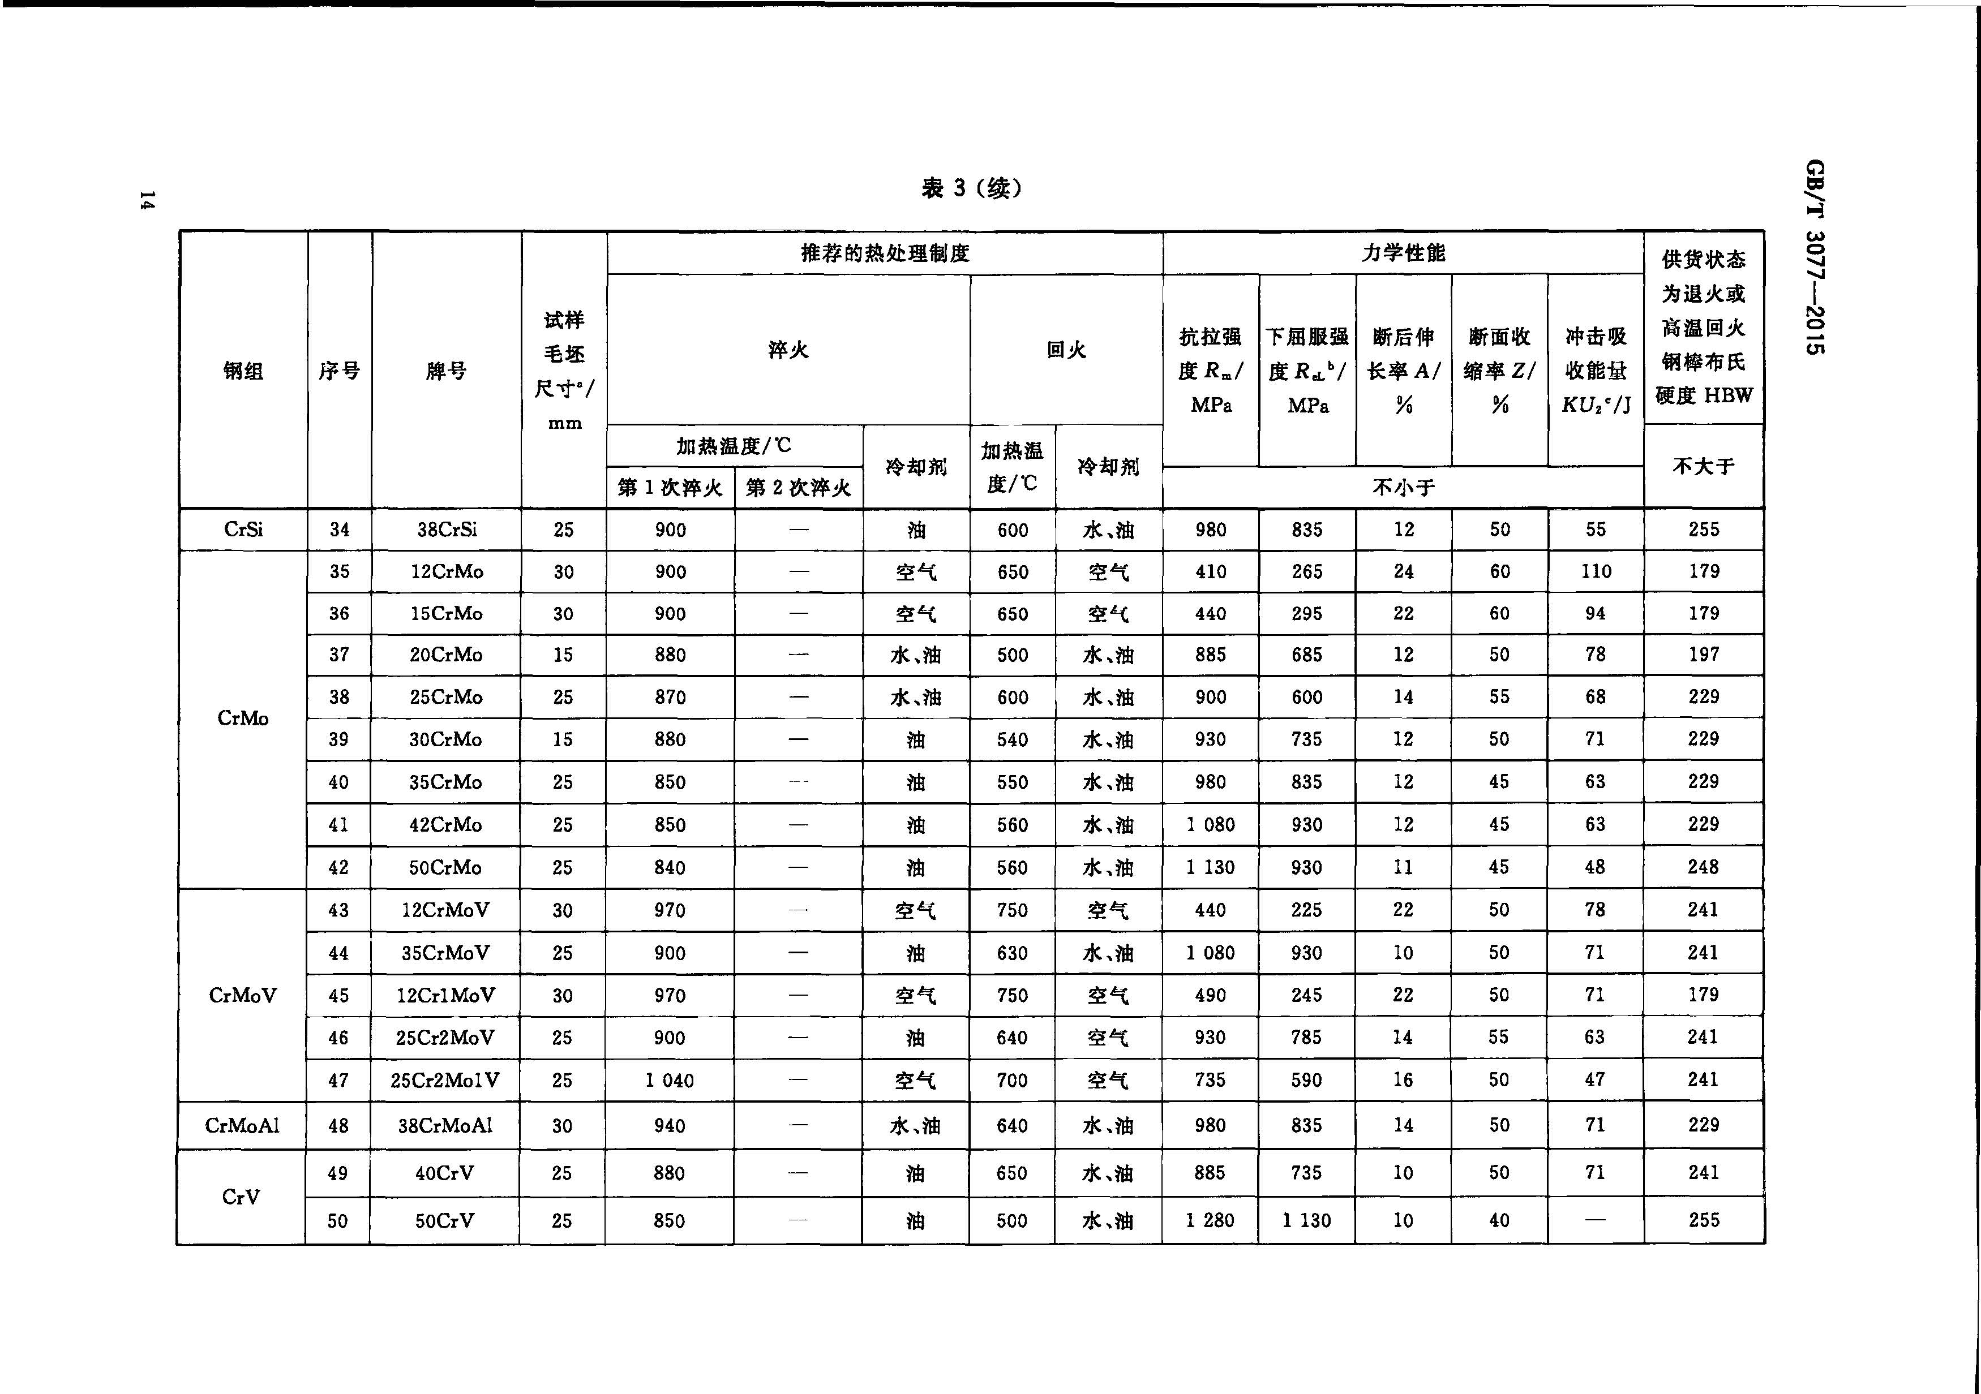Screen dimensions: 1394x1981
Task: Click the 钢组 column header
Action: click(x=243, y=371)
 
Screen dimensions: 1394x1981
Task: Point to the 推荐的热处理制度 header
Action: click(x=885, y=253)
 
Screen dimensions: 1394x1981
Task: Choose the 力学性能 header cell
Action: click(x=1403, y=253)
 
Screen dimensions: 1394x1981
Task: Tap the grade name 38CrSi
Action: click(x=446, y=530)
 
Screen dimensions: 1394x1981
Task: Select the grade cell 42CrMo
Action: click(x=445, y=825)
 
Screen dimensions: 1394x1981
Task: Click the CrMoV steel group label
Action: click(x=242, y=996)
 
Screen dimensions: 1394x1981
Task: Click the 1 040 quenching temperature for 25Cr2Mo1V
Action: click(x=670, y=1080)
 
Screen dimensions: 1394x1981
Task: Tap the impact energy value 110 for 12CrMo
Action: click(x=1596, y=571)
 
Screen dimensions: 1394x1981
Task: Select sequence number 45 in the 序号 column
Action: click(x=338, y=996)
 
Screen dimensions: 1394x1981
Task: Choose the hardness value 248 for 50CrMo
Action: click(x=1703, y=867)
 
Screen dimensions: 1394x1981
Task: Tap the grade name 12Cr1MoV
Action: click(x=445, y=996)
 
